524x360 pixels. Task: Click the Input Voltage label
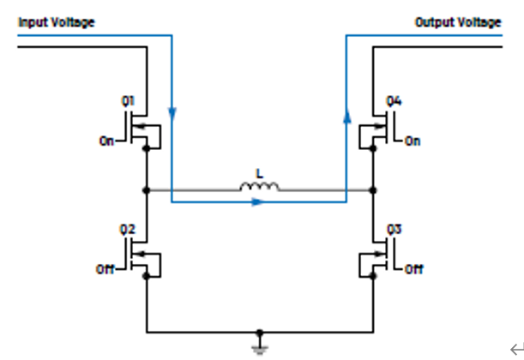point(57,22)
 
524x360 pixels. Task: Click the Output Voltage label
point(458,22)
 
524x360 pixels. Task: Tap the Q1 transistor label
point(128,101)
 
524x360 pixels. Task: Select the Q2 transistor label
point(127,230)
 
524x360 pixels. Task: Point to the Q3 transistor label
point(394,230)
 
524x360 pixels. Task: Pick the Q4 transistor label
point(394,101)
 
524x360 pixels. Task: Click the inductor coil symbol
point(259,187)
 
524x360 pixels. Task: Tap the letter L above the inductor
point(259,174)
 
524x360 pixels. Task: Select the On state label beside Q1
point(106,141)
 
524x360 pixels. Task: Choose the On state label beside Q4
point(413,141)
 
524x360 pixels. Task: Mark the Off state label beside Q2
point(105,269)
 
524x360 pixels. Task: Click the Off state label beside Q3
point(413,269)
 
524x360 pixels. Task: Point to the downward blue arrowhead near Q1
point(172,114)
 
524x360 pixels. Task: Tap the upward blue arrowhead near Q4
point(347,116)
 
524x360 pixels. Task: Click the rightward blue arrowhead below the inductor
point(257,202)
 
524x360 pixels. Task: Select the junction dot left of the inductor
point(147,190)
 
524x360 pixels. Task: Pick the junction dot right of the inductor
point(373,190)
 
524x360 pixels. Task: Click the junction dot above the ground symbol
point(260,333)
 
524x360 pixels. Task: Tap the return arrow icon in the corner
point(517,350)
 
